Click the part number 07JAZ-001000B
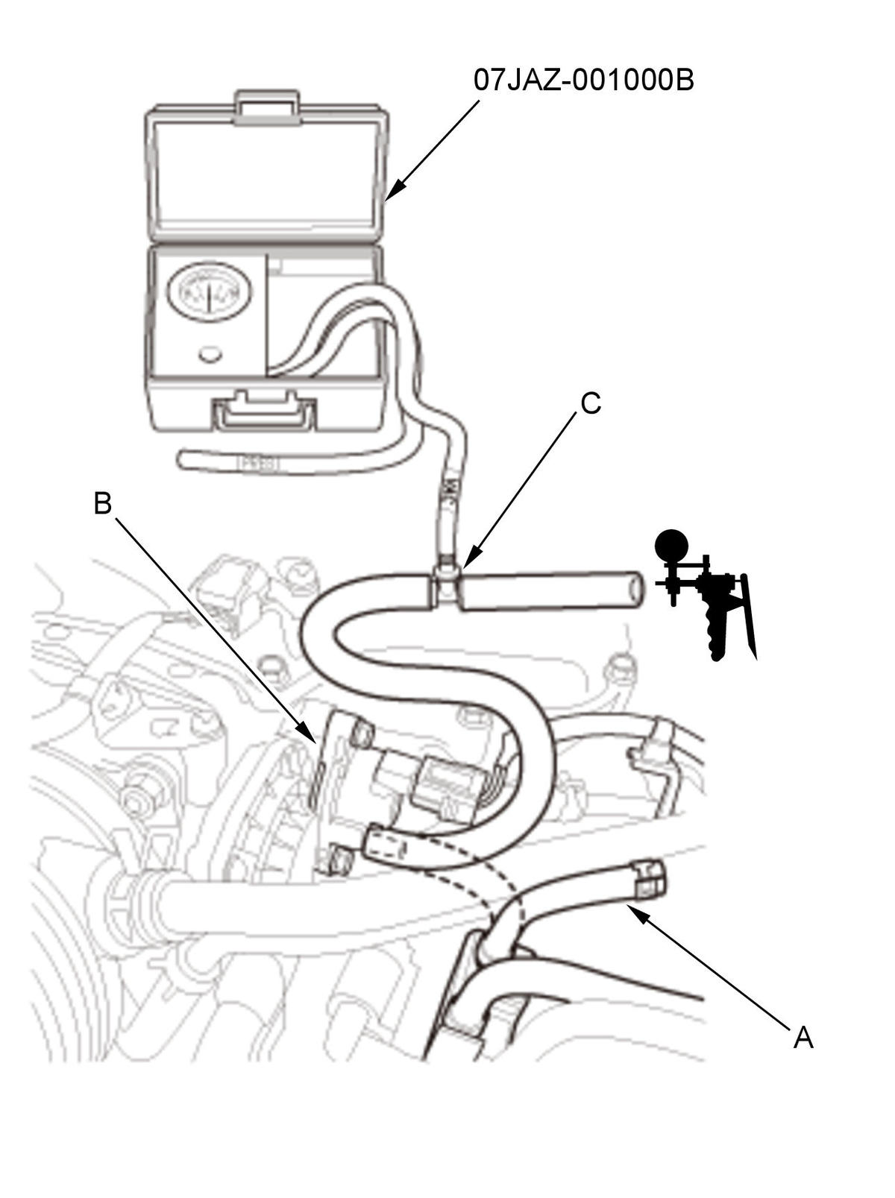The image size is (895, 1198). pos(583,80)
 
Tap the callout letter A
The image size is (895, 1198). pos(803,1037)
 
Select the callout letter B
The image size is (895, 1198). pos(103,502)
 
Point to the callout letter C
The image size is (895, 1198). pos(591,403)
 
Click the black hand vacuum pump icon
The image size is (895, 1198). pos(704,594)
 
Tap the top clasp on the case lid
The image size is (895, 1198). pos(266,104)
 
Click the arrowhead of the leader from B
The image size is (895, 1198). pos(307,733)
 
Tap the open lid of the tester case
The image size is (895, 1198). pos(267,169)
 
